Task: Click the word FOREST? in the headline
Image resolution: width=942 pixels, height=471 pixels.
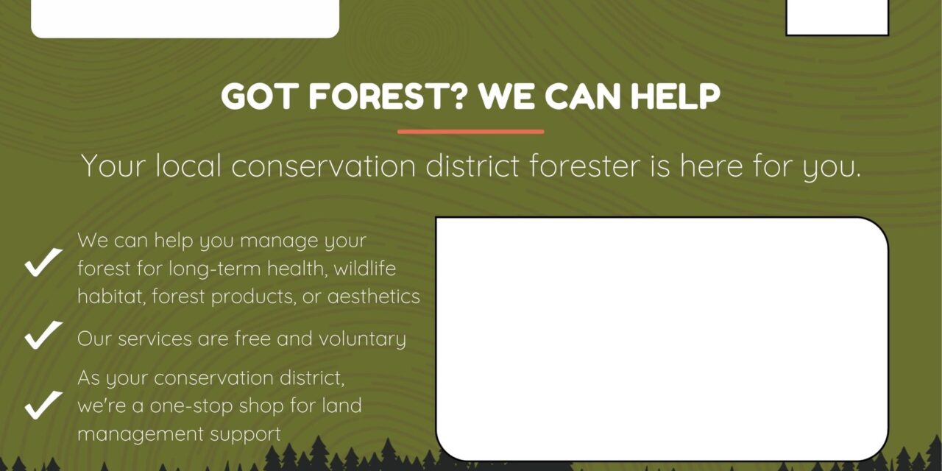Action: (x=388, y=96)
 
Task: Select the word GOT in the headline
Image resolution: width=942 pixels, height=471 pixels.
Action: (x=257, y=96)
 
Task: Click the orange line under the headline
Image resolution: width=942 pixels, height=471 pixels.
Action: (x=470, y=132)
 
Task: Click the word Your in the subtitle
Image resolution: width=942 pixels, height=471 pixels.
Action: (x=113, y=166)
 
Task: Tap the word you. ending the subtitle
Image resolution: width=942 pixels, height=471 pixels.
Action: (x=832, y=167)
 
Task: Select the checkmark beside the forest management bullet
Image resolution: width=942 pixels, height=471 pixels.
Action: (x=43, y=262)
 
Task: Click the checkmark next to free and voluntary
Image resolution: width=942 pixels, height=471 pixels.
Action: (x=43, y=335)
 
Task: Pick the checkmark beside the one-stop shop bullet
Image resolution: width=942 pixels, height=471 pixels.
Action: (x=43, y=405)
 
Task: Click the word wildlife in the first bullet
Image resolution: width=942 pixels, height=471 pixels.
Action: (x=365, y=269)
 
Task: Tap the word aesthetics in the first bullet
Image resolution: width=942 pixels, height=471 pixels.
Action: (x=373, y=297)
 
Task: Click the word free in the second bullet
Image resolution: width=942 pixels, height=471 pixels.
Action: (x=252, y=339)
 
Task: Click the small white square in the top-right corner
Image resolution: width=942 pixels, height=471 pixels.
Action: (x=837, y=18)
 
